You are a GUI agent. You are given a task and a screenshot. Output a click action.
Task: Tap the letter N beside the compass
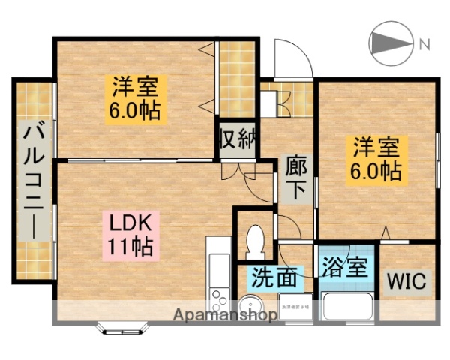[424, 44]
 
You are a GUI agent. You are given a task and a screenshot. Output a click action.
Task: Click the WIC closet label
[406, 281]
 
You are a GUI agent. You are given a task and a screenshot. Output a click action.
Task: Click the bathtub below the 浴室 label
[347, 306]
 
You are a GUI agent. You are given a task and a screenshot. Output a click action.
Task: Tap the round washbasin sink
[248, 307]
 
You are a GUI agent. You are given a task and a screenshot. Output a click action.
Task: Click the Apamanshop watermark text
[225, 315]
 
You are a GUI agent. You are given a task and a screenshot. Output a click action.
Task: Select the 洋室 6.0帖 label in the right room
[375, 159]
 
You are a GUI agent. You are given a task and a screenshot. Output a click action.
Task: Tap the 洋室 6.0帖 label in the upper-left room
[135, 99]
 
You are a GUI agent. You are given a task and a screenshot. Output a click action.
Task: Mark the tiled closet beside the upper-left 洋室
[236, 78]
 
